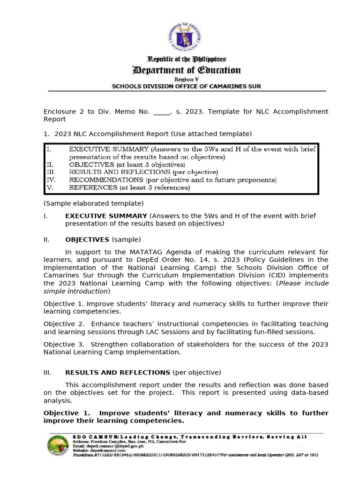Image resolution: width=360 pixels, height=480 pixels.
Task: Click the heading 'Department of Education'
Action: point(187,70)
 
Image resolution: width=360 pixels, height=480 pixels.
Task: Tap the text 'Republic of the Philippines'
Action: point(187,60)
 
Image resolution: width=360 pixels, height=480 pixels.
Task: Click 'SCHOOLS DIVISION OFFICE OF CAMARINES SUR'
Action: point(186,86)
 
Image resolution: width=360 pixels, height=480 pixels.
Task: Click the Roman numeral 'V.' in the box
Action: point(50,187)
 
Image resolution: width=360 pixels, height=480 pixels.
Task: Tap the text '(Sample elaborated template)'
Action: point(93,203)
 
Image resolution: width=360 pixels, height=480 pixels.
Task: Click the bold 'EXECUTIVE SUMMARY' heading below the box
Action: point(106,216)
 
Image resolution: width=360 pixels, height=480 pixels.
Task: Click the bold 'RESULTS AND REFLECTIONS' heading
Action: point(117,373)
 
